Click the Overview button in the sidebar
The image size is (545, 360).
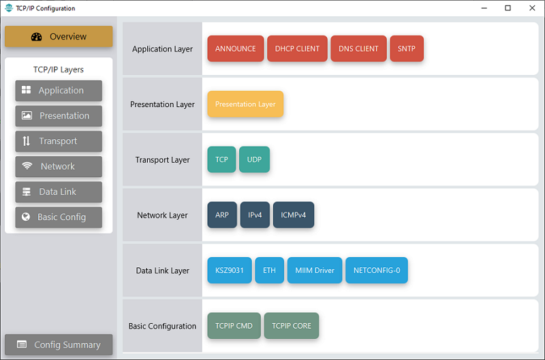pyautogui.click(x=59, y=36)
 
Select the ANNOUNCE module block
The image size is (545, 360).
pyautogui.click(x=236, y=48)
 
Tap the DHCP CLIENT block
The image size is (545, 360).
pyautogui.click(x=297, y=48)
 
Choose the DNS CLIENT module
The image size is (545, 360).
pyautogui.click(x=358, y=48)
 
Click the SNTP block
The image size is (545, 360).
pyautogui.click(x=407, y=48)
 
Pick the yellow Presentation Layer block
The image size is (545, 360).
pyautogui.click(x=245, y=104)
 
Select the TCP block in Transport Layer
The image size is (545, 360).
pyautogui.click(x=222, y=160)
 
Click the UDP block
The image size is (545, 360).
pyautogui.click(x=254, y=160)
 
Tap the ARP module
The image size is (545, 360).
pyautogui.click(x=222, y=215)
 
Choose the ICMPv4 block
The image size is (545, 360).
pyautogui.click(x=294, y=215)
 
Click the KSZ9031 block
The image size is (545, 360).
pyautogui.click(x=230, y=270)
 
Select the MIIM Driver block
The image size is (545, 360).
pyautogui.click(x=315, y=270)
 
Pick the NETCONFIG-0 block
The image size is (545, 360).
pyautogui.click(x=377, y=270)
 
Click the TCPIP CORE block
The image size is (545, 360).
pyautogui.click(x=292, y=325)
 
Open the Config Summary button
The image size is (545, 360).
pyautogui.click(x=59, y=345)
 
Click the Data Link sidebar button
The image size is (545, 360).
pyautogui.click(x=59, y=192)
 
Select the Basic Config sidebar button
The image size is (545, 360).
pyautogui.click(x=59, y=217)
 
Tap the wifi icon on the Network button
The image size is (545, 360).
pyautogui.click(x=27, y=166)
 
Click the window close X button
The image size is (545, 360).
pyautogui.click(x=532, y=8)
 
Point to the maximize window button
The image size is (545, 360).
pyautogui.click(x=508, y=8)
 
